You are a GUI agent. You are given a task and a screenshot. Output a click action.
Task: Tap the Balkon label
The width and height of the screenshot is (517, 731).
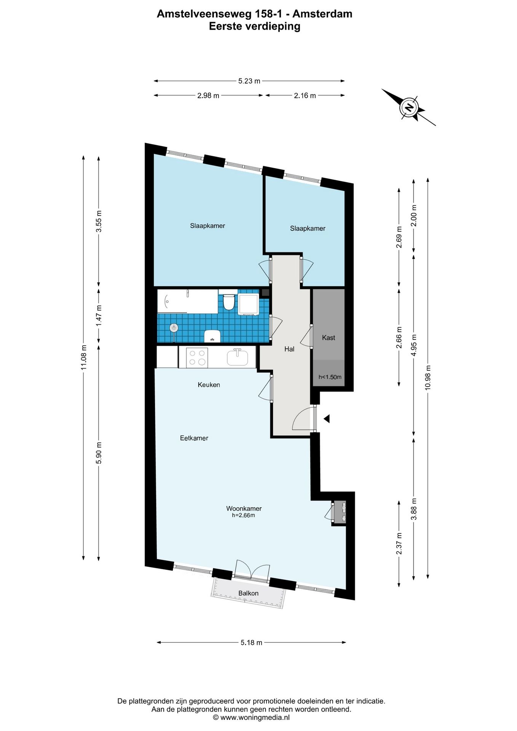click(x=248, y=593)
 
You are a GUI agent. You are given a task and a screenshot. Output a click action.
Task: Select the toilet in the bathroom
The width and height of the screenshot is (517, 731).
click(x=229, y=301)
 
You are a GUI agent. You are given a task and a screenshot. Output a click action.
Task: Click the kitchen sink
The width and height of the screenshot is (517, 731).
click(x=238, y=358)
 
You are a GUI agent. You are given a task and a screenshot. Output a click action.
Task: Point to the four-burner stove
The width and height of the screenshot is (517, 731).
click(x=197, y=358)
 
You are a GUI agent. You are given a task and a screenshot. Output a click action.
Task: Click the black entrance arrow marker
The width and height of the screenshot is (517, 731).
click(x=326, y=419)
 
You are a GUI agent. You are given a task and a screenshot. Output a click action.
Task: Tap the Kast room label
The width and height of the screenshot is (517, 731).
click(x=329, y=337)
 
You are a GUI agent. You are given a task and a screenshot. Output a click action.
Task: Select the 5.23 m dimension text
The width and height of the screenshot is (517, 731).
click(x=249, y=81)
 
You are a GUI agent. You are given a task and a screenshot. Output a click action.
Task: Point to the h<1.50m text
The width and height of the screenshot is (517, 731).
click(x=330, y=377)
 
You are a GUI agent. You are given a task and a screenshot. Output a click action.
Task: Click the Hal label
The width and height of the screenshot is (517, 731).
click(x=289, y=349)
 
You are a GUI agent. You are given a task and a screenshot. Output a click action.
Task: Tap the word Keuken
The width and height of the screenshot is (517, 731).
click(x=209, y=385)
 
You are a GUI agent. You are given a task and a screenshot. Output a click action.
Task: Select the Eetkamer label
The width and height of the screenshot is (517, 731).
click(x=194, y=438)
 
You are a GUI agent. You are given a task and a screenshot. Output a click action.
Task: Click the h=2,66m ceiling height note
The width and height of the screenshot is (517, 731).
click(x=243, y=516)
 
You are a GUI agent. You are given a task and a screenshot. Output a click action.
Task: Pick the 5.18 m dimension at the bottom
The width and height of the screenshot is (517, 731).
click(x=251, y=643)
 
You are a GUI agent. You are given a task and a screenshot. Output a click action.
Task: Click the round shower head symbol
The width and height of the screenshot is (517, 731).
click(x=174, y=327)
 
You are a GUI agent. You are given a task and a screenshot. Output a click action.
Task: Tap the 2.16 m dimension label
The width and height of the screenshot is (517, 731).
click(x=305, y=96)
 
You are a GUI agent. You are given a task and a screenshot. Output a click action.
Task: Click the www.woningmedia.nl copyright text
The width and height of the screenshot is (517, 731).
click(x=251, y=717)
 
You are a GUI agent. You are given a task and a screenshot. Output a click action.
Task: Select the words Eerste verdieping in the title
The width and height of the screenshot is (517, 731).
click(x=255, y=26)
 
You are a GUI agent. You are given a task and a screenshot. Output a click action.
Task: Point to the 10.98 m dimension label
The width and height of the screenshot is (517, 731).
click(x=428, y=377)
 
